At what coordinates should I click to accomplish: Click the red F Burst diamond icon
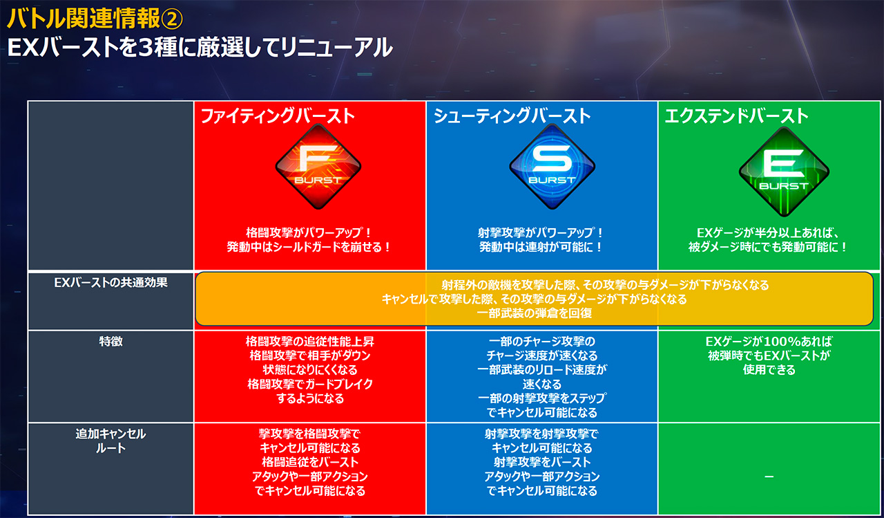coord(318,167)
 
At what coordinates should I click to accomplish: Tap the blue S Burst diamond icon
coord(552,167)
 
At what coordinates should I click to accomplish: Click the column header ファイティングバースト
coord(278,116)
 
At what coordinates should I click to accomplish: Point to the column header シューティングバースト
coord(512,116)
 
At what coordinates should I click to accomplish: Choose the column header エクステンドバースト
coord(736,116)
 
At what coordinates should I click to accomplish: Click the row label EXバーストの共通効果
coord(110,282)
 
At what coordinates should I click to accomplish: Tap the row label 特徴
coord(110,341)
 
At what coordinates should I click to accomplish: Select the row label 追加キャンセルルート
coord(110,441)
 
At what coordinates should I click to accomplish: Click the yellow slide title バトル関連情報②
coord(95,19)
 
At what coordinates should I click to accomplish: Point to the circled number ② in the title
coord(172,19)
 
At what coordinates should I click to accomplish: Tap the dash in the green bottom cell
coord(769,477)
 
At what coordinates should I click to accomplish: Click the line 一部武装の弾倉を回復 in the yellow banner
coord(535,313)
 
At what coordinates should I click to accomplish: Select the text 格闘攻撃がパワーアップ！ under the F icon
coord(309,233)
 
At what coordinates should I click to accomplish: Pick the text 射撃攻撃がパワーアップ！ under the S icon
coord(541,233)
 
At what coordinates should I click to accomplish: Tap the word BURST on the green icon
coord(784,186)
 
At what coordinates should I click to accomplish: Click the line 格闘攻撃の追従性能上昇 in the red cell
coord(310,341)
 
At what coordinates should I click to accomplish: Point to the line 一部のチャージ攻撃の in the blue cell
coord(542,341)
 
